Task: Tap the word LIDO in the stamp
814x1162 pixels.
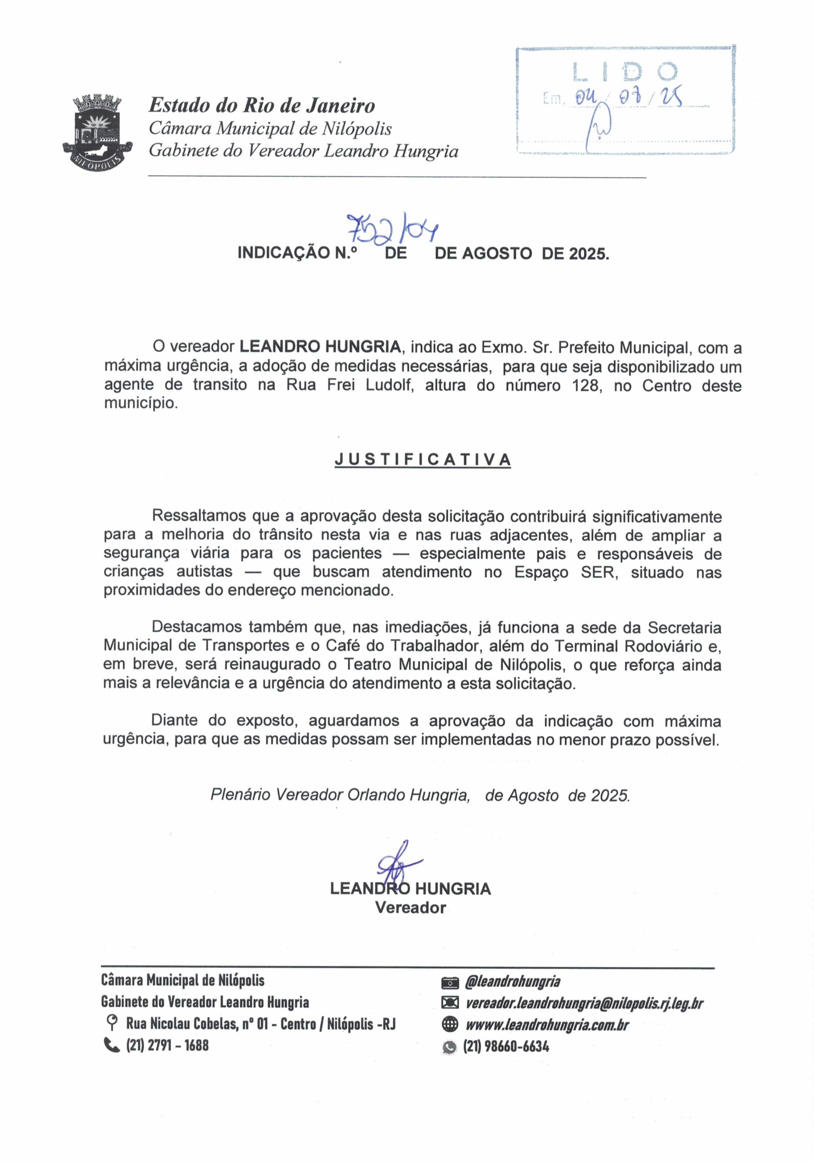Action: [x=625, y=72]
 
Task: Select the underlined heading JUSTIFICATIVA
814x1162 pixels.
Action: [x=422, y=459]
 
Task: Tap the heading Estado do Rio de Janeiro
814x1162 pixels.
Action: [x=261, y=105]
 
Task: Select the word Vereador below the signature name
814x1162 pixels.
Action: [x=410, y=908]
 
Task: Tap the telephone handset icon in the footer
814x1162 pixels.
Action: [x=110, y=1044]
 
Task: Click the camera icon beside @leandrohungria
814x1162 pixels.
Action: [x=450, y=982]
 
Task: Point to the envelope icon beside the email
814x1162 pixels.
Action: [x=450, y=1003]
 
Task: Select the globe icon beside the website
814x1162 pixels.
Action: [x=450, y=1024]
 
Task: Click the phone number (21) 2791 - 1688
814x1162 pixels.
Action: [x=167, y=1044]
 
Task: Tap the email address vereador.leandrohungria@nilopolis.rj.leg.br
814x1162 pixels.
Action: [x=584, y=1003]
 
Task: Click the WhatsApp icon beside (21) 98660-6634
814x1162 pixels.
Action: [x=450, y=1046]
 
